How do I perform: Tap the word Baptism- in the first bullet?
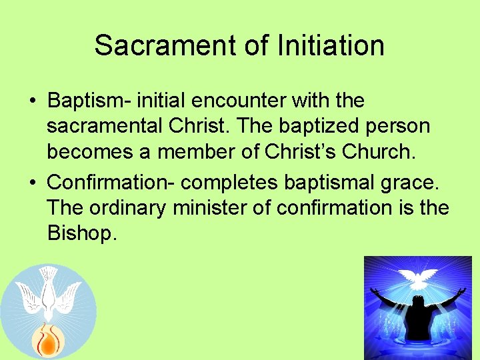[x=89, y=101]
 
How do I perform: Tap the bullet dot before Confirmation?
[x=32, y=182]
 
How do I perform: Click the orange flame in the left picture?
[x=48, y=340]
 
